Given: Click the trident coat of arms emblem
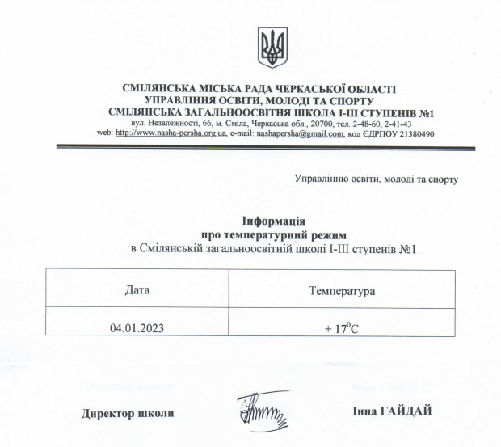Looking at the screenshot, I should point(272,47).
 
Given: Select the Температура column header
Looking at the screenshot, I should point(342,289).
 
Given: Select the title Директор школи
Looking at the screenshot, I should point(128,413).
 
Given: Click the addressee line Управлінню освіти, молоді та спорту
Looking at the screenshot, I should point(377,178).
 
